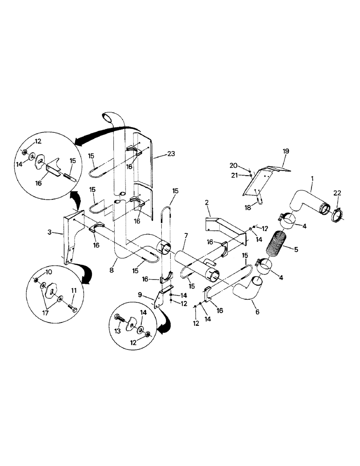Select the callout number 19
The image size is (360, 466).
(285, 151)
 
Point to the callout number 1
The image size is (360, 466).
(312, 178)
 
